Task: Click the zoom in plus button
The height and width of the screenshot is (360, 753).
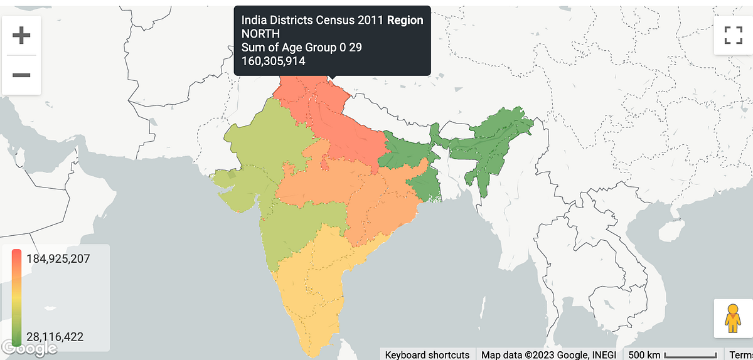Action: pos(21,36)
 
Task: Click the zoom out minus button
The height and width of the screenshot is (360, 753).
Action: pos(21,75)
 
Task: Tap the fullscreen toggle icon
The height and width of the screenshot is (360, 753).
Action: pos(733,35)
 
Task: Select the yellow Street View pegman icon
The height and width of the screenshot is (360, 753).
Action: pos(733,319)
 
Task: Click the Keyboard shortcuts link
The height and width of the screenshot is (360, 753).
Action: pos(427,354)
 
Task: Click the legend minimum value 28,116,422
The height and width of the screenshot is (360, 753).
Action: pos(55,337)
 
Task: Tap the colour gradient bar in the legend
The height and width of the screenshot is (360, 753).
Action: pos(17,297)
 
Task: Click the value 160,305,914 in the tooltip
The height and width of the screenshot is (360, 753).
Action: pos(274,61)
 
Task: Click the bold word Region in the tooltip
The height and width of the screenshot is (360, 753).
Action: pos(405,20)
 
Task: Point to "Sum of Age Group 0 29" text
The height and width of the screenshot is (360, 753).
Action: pos(302,48)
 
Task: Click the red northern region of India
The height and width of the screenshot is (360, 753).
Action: pos(339,125)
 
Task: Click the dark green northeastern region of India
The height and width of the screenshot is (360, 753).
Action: pos(496,138)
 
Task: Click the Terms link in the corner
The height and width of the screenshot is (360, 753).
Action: pos(740,354)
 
